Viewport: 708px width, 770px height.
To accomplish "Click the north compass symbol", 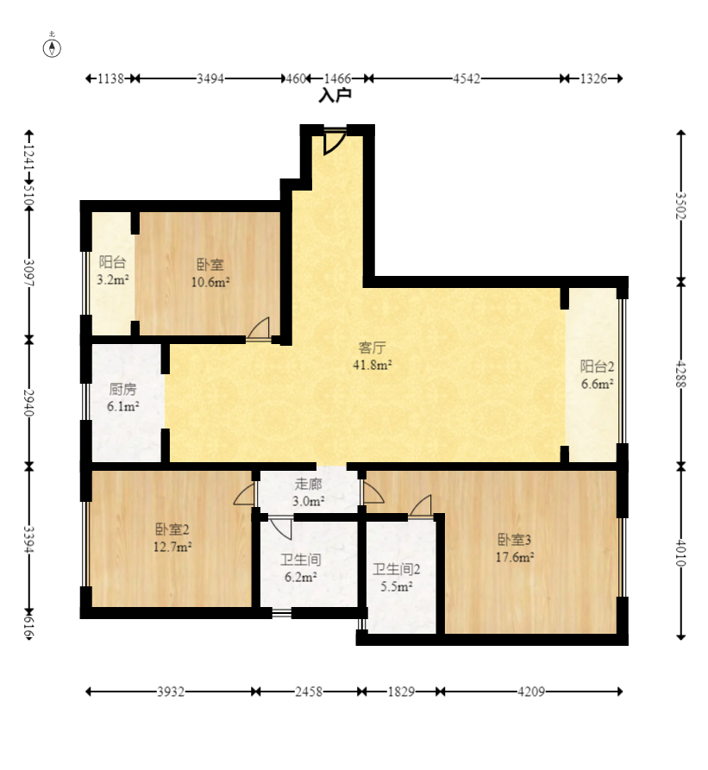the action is click(52, 47).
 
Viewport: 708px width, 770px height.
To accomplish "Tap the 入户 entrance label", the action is click(335, 95).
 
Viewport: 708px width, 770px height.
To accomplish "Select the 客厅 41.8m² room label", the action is click(373, 356).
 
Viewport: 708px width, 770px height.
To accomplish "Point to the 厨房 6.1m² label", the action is click(122, 398).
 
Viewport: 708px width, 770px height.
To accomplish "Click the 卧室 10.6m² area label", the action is click(210, 273).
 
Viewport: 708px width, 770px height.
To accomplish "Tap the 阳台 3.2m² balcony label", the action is click(112, 271).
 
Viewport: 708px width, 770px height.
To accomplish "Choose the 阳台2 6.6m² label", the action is click(597, 375).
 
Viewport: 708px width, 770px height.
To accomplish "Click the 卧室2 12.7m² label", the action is click(172, 538).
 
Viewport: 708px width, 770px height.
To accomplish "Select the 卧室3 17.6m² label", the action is click(515, 548).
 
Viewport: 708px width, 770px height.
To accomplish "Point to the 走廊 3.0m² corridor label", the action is click(309, 492).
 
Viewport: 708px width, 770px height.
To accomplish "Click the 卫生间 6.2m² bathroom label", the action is click(300, 567).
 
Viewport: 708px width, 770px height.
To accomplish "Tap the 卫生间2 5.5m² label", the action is click(396, 578).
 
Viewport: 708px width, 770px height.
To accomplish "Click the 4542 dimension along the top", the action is click(466, 78).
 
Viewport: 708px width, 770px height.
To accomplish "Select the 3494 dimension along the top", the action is click(210, 78).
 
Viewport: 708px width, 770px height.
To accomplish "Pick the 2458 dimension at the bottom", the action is click(309, 692).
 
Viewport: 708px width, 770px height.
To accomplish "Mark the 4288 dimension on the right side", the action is click(680, 374).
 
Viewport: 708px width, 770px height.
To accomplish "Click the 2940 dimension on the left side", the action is click(29, 403).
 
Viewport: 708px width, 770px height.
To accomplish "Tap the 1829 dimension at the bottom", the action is click(402, 692).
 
